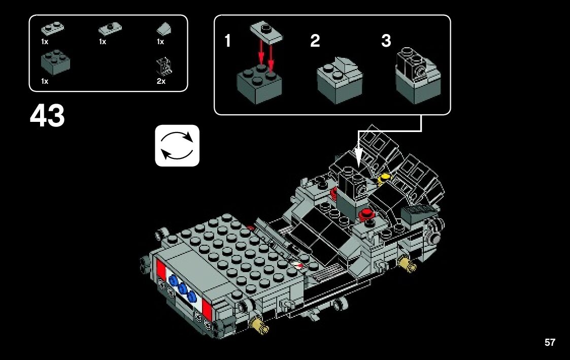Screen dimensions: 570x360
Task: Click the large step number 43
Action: (47, 116)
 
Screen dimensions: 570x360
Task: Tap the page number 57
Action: (550, 342)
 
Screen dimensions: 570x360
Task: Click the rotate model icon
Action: (177, 145)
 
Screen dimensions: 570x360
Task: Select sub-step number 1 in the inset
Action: (228, 41)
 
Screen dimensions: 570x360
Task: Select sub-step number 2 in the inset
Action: (315, 41)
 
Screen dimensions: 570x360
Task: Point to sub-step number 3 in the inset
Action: (386, 41)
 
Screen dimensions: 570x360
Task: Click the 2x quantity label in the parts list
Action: (161, 81)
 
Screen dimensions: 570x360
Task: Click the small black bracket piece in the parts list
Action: (164, 66)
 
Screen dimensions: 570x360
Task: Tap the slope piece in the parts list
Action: (164, 27)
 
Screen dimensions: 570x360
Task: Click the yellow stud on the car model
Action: (385, 177)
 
